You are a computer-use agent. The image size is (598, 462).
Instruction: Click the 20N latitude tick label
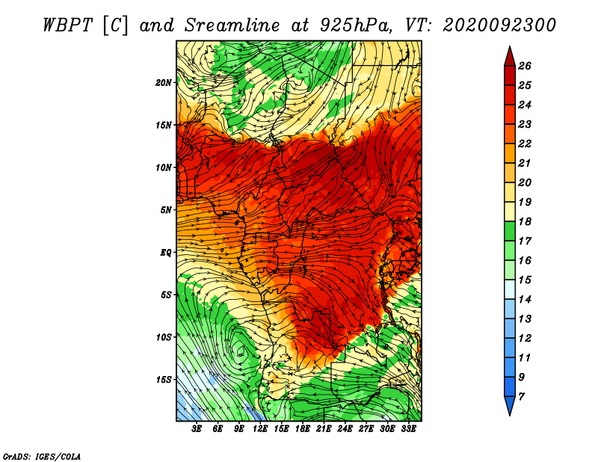coord(163,83)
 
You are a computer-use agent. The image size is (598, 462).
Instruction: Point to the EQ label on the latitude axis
coord(165,253)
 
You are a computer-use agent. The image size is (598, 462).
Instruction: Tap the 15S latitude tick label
coord(163,380)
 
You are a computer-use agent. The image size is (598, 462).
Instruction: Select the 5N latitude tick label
coord(165,210)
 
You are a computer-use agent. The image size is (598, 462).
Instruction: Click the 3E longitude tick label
coord(197,429)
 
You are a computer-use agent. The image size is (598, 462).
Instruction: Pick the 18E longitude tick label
coord(302,429)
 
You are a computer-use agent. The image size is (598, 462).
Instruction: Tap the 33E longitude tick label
coord(408,429)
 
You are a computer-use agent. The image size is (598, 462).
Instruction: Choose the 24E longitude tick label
coord(345,429)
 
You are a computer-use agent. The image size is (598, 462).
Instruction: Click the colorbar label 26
coord(525,66)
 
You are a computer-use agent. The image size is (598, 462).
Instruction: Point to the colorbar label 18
coord(525,221)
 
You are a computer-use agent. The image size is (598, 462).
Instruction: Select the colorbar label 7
coord(521,397)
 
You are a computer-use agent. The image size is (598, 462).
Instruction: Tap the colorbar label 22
coord(525,144)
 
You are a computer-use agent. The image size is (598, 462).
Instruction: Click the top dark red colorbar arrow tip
coord(510,46)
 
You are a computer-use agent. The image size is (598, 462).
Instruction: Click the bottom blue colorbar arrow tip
coord(510,416)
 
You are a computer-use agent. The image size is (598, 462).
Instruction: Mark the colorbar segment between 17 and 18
coord(510,231)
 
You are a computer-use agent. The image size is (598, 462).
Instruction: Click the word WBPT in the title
coord(67,25)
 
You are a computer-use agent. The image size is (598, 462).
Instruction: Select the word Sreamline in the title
coord(232,25)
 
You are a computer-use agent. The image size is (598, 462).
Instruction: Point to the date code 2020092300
coord(499,25)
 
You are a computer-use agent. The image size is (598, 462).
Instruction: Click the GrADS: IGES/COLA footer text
coord(42,456)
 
